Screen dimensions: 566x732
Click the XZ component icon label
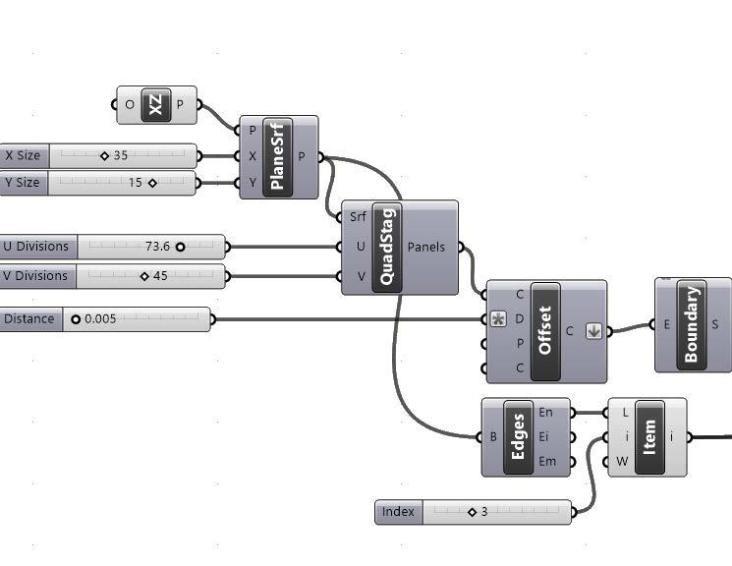coord(155,105)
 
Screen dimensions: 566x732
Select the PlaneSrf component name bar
coord(277,157)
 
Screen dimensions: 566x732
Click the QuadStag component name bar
coord(386,247)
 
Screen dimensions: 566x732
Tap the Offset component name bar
coord(544,331)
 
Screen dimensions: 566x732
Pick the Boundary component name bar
coord(692,324)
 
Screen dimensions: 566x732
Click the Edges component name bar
coord(518,437)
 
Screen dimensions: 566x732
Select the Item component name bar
coord(648,437)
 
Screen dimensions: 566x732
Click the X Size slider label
coord(24,155)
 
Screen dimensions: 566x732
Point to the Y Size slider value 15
coord(135,183)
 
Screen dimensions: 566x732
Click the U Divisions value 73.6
coord(157,247)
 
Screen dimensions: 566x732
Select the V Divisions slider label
coord(35,276)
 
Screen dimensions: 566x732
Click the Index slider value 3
coord(484,512)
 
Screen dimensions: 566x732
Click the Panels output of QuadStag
coord(426,247)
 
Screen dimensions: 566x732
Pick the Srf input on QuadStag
coord(358,217)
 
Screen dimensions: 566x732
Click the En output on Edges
coord(545,413)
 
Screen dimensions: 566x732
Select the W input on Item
coord(622,462)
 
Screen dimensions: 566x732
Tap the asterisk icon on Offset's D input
coord(498,319)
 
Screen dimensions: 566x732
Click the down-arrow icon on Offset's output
coord(593,331)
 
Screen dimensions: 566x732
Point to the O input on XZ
coord(130,105)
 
